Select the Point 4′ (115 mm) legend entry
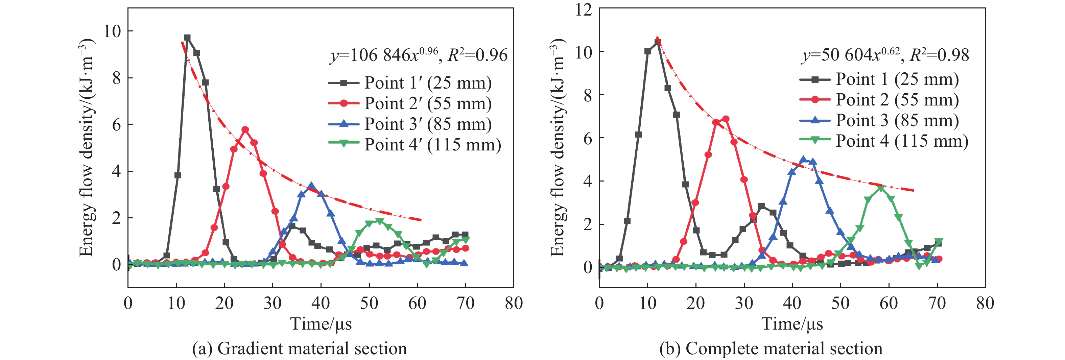click(x=432, y=145)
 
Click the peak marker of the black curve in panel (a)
click(x=187, y=38)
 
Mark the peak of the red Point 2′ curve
click(x=245, y=130)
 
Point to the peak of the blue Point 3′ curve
click(x=311, y=186)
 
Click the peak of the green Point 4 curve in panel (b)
click(x=880, y=188)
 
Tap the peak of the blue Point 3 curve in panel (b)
click(x=803, y=160)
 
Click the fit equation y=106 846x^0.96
click(x=384, y=55)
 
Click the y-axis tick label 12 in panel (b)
click(x=583, y=9)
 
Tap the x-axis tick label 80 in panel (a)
click(x=514, y=303)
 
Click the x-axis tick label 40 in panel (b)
click(x=792, y=303)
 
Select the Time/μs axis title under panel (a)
click(x=321, y=323)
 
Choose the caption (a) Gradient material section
click(x=299, y=349)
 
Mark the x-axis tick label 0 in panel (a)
click(x=128, y=303)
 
